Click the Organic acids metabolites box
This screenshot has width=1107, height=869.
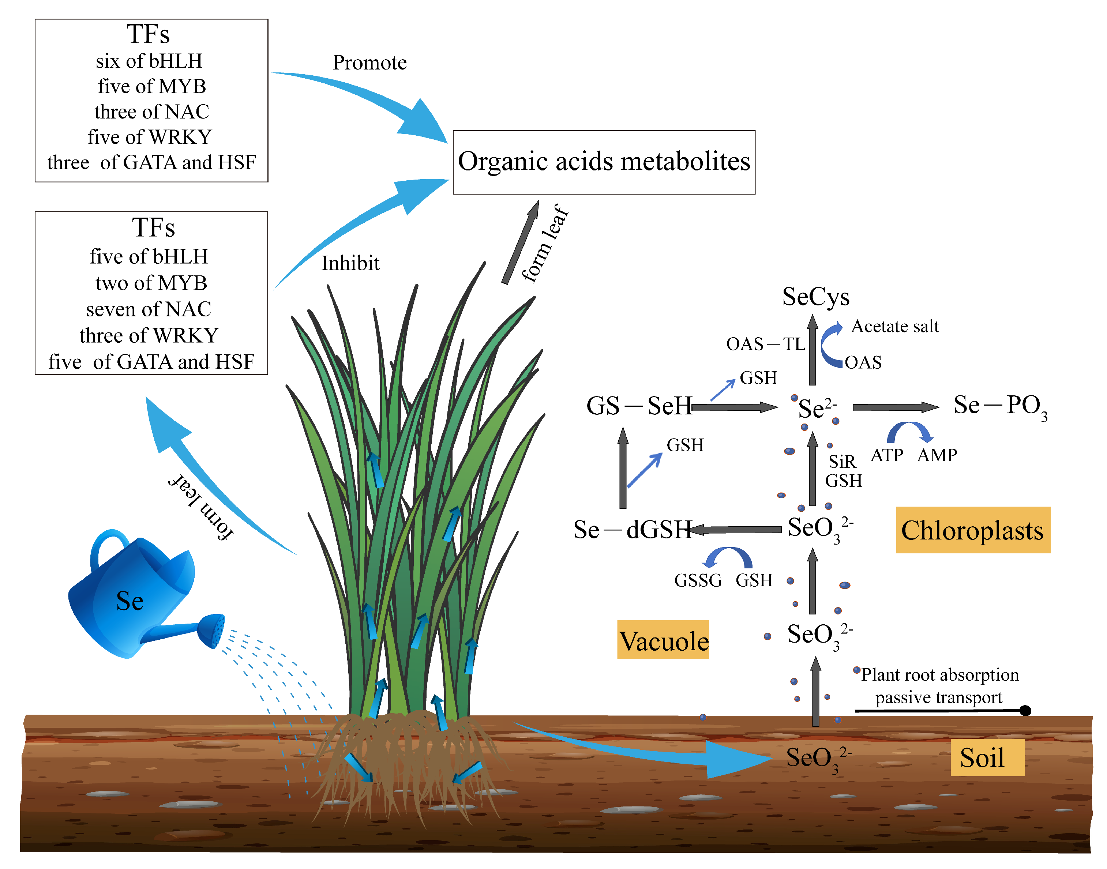[604, 162]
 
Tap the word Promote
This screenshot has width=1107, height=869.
[369, 63]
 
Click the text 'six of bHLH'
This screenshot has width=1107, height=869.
[149, 61]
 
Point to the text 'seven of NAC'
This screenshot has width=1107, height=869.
[149, 309]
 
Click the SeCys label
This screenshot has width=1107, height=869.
[815, 297]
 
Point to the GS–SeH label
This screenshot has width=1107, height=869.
[639, 406]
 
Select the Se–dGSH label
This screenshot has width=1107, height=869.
[633, 530]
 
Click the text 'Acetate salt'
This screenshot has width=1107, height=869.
[895, 326]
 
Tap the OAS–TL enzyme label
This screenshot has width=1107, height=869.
[765, 344]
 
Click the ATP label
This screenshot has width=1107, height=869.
[887, 455]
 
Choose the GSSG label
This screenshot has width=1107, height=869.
[698, 580]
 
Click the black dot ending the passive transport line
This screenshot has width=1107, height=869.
[1025, 710]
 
